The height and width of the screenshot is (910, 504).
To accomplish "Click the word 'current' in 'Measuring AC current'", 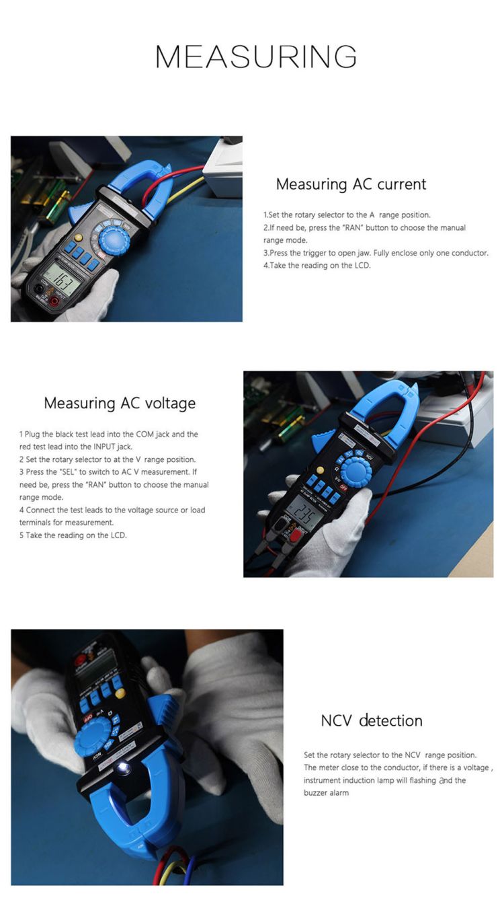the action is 402,184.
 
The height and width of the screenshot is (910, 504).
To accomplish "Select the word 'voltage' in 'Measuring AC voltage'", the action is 171,404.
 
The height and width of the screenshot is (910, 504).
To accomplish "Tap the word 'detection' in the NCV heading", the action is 391,721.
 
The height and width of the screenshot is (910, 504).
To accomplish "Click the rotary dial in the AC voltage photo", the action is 356,471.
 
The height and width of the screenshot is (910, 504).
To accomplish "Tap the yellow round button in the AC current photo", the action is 79,237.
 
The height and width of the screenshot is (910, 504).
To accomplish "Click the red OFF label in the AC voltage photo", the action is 343,487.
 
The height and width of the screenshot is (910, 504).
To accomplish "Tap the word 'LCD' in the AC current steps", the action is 362,265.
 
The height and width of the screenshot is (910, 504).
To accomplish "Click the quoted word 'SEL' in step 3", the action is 68,472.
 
